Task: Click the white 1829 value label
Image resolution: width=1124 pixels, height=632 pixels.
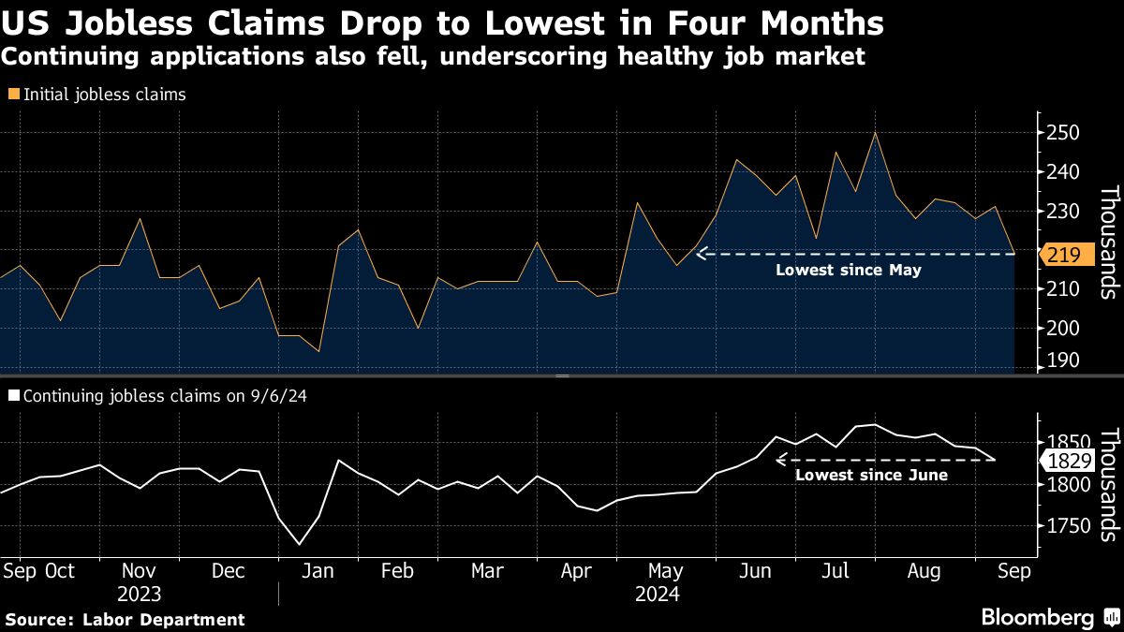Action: coord(1067,461)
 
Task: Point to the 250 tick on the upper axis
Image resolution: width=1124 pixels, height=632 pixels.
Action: coord(1065,133)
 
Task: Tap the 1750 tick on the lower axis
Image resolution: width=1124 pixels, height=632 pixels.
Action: coord(1072,526)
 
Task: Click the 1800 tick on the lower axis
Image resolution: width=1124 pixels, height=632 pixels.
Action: coord(1072,485)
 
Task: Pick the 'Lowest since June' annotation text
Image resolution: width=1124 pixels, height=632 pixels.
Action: coord(871,475)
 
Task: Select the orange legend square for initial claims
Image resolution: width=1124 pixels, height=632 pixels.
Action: coord(13,95)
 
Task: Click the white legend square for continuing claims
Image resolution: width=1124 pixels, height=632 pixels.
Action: coord(13,396)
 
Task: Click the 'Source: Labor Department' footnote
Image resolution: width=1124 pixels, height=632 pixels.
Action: coord(126,619)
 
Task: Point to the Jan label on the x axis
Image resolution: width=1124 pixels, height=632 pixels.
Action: coord(318,570)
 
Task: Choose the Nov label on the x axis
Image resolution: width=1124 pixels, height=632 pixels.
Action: coord(140,570)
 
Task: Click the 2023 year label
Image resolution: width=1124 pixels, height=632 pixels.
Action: coord(140,594)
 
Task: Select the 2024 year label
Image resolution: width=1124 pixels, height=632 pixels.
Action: coord(656,594)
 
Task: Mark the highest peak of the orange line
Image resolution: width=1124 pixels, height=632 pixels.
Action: coord(875,132)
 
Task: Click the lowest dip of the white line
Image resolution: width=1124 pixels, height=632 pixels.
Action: coord(300,544)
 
